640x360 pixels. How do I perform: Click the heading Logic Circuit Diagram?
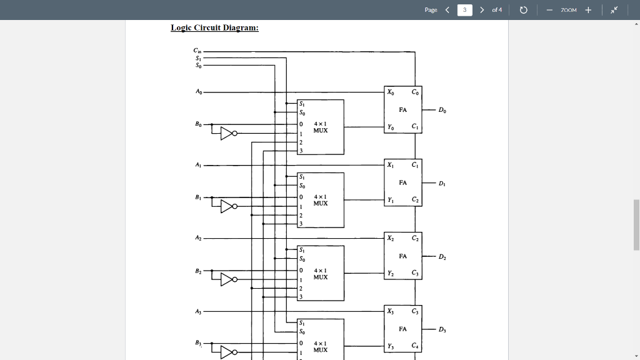tap(215, 28)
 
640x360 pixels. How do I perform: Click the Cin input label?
tap(197, 51)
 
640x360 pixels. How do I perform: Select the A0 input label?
tap(198, 91)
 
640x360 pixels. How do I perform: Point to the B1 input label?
tap(198, 197)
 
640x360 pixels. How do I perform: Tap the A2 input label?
tap(198, 238)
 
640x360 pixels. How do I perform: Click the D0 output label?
tap(442, 111)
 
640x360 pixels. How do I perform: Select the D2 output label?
tap(442, 256)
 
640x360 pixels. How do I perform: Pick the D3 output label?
tap(442, 329)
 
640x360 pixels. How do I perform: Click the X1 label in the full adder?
tap(391, 165)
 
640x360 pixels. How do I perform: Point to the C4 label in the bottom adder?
tap(415, 346)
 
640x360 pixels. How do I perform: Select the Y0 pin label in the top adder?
tap(391, 127)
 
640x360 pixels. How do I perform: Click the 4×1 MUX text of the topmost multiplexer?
tap(321, 127)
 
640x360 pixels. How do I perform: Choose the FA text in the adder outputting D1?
tap(402, 182)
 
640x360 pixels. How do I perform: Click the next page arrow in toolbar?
tap(482, 10)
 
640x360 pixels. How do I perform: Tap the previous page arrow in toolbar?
tap(447, 10)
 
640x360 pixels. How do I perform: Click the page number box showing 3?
tap(465, 10)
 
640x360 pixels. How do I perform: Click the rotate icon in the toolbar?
tap(524, 10)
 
